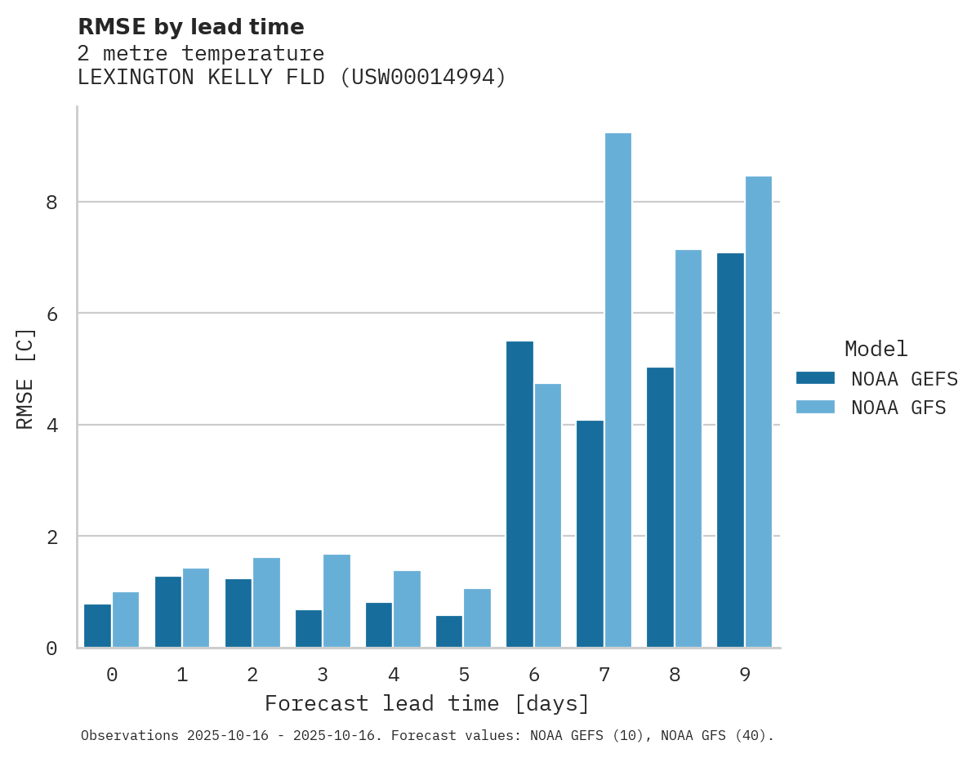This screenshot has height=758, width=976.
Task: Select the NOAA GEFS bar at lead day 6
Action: (519, 494)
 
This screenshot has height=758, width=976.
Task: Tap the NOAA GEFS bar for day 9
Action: (730, 450)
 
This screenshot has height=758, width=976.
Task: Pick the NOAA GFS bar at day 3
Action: (336, 601)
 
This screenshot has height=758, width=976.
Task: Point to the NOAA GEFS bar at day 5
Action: (449, 631)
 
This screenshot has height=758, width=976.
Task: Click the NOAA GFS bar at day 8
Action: (688, 448)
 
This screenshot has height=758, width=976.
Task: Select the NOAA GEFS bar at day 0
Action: (97, 626)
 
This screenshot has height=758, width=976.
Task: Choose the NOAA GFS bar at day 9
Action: (758, 412)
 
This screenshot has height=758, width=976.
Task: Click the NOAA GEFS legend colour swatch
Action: (815, 378)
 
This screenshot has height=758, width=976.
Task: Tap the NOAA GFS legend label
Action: (898, 408)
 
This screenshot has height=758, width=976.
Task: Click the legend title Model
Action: (876, 350)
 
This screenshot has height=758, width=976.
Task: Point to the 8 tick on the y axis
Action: (51, 202)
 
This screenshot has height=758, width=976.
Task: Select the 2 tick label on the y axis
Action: (51, 537)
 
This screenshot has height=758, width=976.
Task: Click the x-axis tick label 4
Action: (393, 676)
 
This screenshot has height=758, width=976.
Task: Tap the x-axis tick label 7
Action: (604, 676)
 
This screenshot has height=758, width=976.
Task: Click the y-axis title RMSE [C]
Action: (26, 378)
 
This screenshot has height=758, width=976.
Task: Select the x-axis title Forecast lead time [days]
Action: (426, 704)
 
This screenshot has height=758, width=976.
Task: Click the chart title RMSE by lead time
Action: (190, 27)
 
